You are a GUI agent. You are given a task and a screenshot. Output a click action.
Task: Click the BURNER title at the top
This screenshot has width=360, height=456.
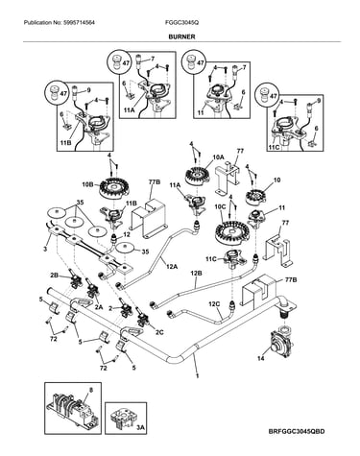[x=181, y=36]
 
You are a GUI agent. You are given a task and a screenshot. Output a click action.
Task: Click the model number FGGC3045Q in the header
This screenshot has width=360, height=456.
[x=181, y=23]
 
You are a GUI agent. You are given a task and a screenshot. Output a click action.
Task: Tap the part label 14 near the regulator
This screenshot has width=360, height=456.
[x=261, y=358]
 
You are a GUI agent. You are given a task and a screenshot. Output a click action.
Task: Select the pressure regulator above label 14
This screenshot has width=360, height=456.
[x=277, y=344]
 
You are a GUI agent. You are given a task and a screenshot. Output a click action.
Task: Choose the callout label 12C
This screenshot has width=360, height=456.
[x=214, y=303]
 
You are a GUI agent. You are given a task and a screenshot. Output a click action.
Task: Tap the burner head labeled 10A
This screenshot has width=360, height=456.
[x=197, y=177]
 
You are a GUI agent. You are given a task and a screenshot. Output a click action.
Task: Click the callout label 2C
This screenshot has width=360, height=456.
[x=159, y=332]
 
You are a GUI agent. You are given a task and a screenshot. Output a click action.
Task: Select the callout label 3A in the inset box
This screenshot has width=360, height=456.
[x=141, y=428]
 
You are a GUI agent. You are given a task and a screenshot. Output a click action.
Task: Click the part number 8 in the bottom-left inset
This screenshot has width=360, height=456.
[x=90, y=390]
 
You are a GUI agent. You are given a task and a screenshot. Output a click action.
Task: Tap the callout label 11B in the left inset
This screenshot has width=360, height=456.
[x=65, y=143]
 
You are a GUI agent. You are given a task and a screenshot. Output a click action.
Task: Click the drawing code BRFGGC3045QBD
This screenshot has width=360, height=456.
[x=297, y=431]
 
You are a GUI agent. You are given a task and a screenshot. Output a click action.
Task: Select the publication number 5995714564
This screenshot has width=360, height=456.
[x=78, y=23]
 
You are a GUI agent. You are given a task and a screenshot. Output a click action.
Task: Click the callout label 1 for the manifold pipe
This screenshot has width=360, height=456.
[x=198, y=376]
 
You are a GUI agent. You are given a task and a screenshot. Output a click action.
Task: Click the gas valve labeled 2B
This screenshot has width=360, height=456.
[x=75, y=279]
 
